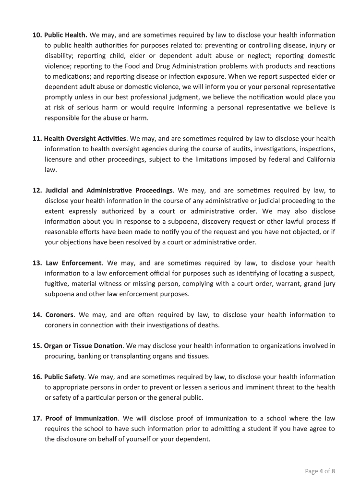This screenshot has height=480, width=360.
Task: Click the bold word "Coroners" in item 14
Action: pos(60,315)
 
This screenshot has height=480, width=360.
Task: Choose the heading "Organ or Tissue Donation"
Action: pos(84,346)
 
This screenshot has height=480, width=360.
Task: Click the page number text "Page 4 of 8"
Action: pos(320,471)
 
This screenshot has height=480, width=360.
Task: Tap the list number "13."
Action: pos(37,263)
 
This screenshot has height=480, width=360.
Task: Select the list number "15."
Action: pos(37,346)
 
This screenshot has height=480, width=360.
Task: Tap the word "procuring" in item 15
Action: pos(60,356)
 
